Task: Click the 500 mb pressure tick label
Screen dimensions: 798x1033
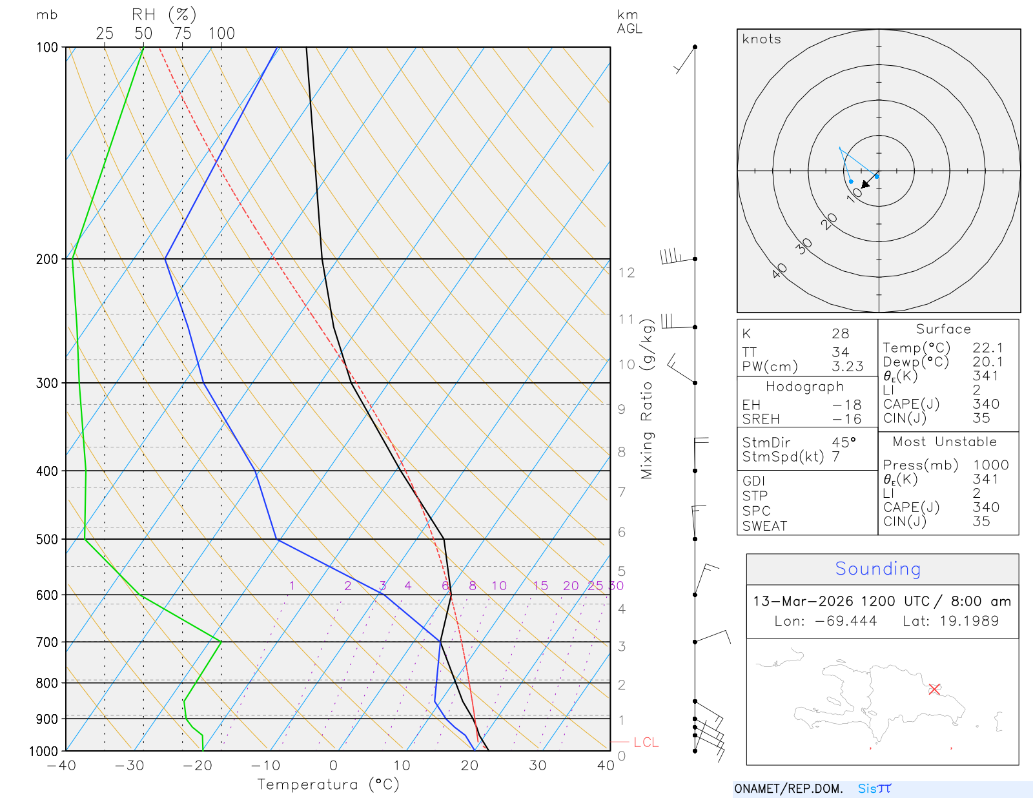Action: [x=46, y=539]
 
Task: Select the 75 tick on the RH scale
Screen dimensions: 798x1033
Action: [x=183, y=34]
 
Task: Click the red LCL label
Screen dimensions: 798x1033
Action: [x=646, y=742]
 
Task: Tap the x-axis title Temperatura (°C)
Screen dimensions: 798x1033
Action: [x=328, y=784]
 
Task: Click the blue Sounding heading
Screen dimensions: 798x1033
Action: [x=877, y=569]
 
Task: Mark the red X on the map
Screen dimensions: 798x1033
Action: [x=934, y=689]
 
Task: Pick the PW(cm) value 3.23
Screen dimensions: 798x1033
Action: [x=847, y=367]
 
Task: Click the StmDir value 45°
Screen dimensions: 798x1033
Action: [x=844, y=442]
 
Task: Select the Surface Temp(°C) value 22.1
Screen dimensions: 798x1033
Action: [x=988, y=348]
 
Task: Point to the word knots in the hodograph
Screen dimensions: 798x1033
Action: [x=762, y=39]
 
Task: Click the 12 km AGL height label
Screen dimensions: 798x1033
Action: [x=626, y=272]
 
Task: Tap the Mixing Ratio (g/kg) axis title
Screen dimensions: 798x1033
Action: [x=647, y=398]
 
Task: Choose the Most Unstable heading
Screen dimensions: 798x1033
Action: [x=945, y=442]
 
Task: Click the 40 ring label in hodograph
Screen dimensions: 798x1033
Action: [x=779, y=271]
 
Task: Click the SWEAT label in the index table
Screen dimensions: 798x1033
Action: [x=764, y=526]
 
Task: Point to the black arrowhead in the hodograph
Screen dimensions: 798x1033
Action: [x=866, y=185]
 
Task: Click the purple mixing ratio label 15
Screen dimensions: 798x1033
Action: [x=540, y=586]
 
